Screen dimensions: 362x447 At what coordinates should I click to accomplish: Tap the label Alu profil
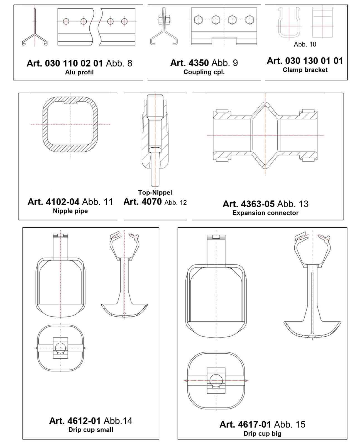[79, 72]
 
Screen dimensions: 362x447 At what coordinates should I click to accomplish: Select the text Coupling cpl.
[204, 72]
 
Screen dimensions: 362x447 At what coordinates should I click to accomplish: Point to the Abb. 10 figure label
[305, 44]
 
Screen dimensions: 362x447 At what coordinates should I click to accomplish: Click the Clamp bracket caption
[305, 70]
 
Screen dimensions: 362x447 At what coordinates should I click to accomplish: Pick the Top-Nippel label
[155, 193]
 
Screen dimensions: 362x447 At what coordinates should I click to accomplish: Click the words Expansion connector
[265, 213]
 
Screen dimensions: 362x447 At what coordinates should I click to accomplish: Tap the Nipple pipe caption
[70, 211]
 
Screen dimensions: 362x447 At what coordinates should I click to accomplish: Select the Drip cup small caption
[90, 430]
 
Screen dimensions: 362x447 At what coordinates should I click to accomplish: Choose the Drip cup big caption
[262, 434]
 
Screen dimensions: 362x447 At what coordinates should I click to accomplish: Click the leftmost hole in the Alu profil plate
[66, 21]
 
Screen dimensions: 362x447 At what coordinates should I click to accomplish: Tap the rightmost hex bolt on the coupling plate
[250, 20]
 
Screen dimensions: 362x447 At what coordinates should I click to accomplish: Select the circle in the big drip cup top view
[216, 380]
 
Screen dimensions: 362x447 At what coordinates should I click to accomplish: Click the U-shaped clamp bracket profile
[289, 23]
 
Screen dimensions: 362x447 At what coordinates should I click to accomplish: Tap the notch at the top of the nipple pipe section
[70, 103]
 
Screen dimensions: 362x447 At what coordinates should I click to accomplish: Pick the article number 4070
[143, 202]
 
